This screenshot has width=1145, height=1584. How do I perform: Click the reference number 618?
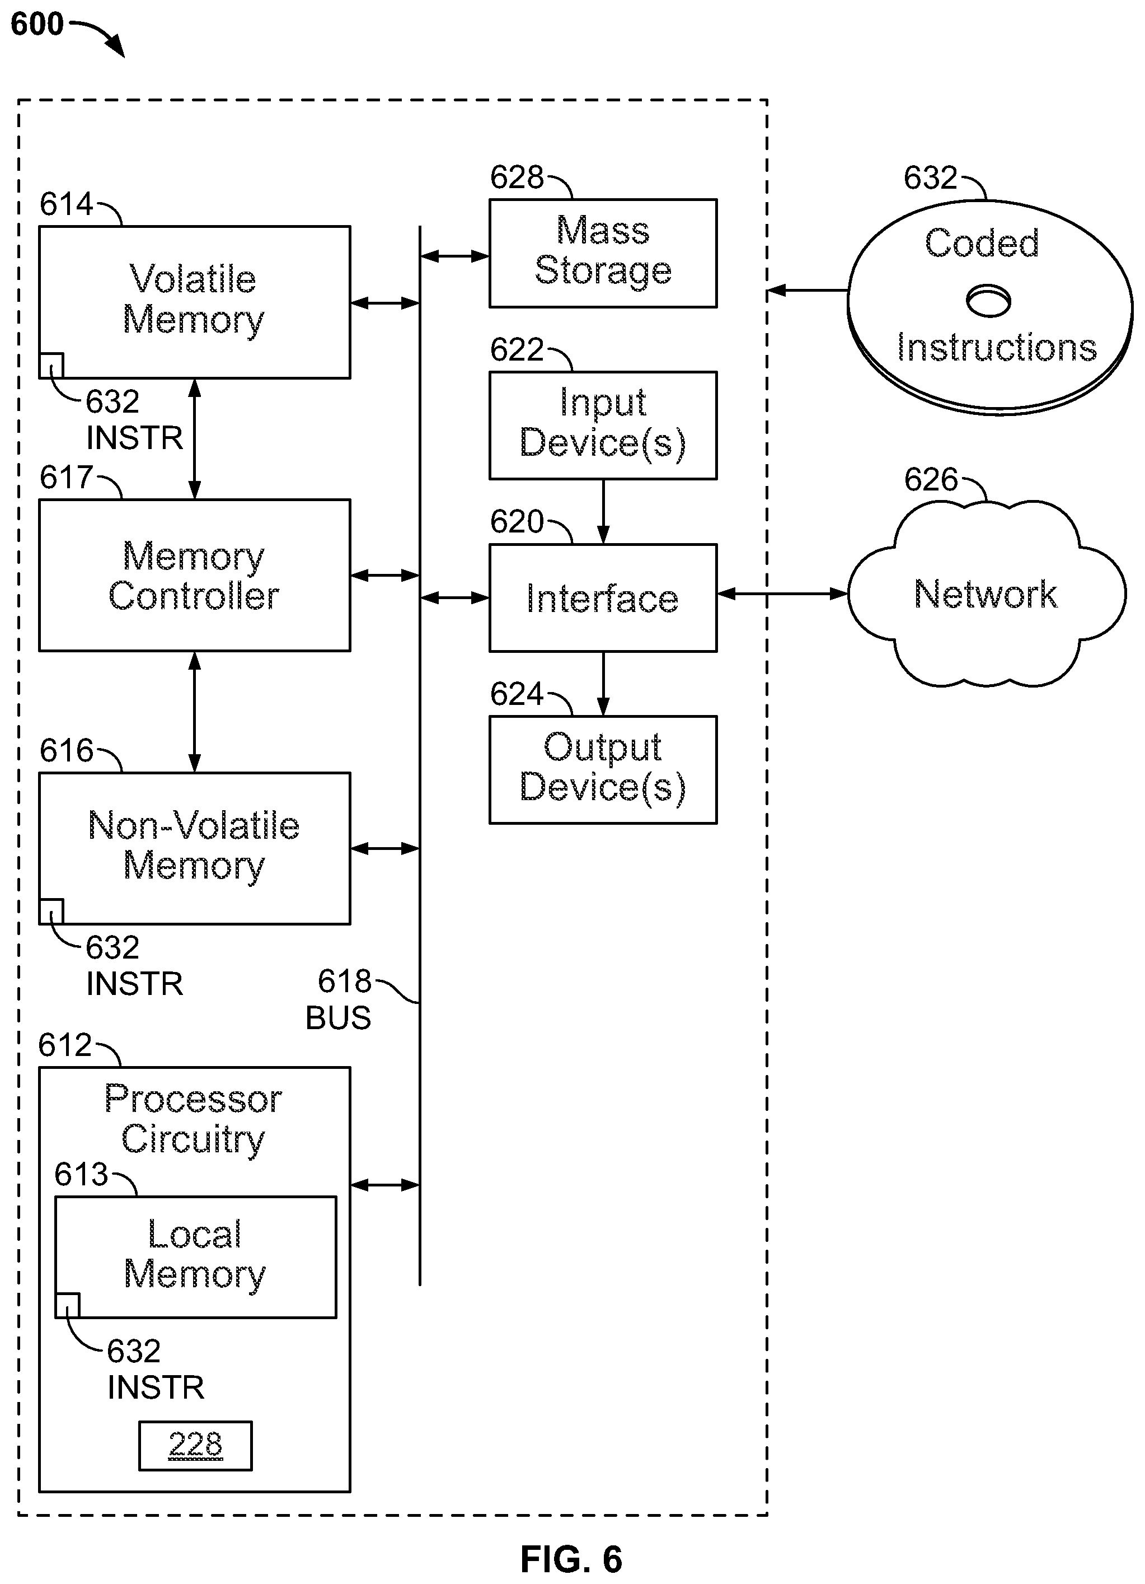pyautogui.click(x=344, y=982)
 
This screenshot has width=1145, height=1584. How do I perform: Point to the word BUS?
pyautogui.click(x=338, y=1018)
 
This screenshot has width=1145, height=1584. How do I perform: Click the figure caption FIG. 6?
pyautogui.click(x=571, y=1559)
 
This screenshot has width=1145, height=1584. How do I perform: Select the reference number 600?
pyautogui.click(x=37, y=25)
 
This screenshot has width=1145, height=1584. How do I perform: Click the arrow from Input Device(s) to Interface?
pyautogui.click(x=603, y=512)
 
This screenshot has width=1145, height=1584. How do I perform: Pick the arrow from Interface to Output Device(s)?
pyautogui.click(x=603, y=684)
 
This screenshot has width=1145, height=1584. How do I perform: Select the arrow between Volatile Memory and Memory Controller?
pyautogui.click(x=195, y=438)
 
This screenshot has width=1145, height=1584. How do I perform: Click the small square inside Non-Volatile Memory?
pyautogui.click(x=51, y=912)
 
